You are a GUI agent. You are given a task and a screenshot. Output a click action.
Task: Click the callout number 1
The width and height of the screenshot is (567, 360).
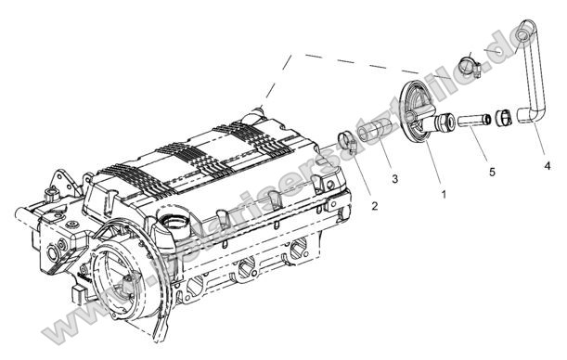[x=444, y=195]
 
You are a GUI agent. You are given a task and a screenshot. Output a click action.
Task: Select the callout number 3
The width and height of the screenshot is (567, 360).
[x=394, y=177]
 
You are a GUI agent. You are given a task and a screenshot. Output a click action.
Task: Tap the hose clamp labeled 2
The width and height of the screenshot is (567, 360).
[x=348, y=142]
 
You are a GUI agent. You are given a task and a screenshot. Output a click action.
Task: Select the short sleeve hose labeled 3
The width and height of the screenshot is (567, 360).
[x=376, y=130]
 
